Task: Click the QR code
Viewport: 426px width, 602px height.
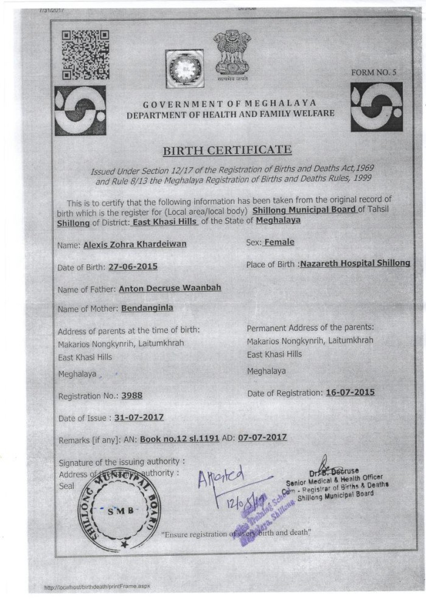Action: [x=86, y=55]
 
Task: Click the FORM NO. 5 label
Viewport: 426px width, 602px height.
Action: [x=374, y=72]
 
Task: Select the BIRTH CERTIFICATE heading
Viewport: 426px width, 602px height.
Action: [x=228, y=150]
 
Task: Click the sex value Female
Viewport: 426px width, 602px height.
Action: [x=279, y=242]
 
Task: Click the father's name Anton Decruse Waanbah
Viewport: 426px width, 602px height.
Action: [x=170, y=289]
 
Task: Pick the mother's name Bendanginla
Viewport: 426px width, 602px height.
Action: [x=147, y=308]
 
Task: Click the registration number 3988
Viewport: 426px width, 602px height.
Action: [x=132, y=395]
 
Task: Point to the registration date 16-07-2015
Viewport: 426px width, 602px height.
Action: [x=350, y=393]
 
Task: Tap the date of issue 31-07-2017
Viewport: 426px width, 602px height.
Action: [x=139, y=418]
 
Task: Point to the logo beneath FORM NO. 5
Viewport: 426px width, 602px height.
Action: [x=376, y=107]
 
